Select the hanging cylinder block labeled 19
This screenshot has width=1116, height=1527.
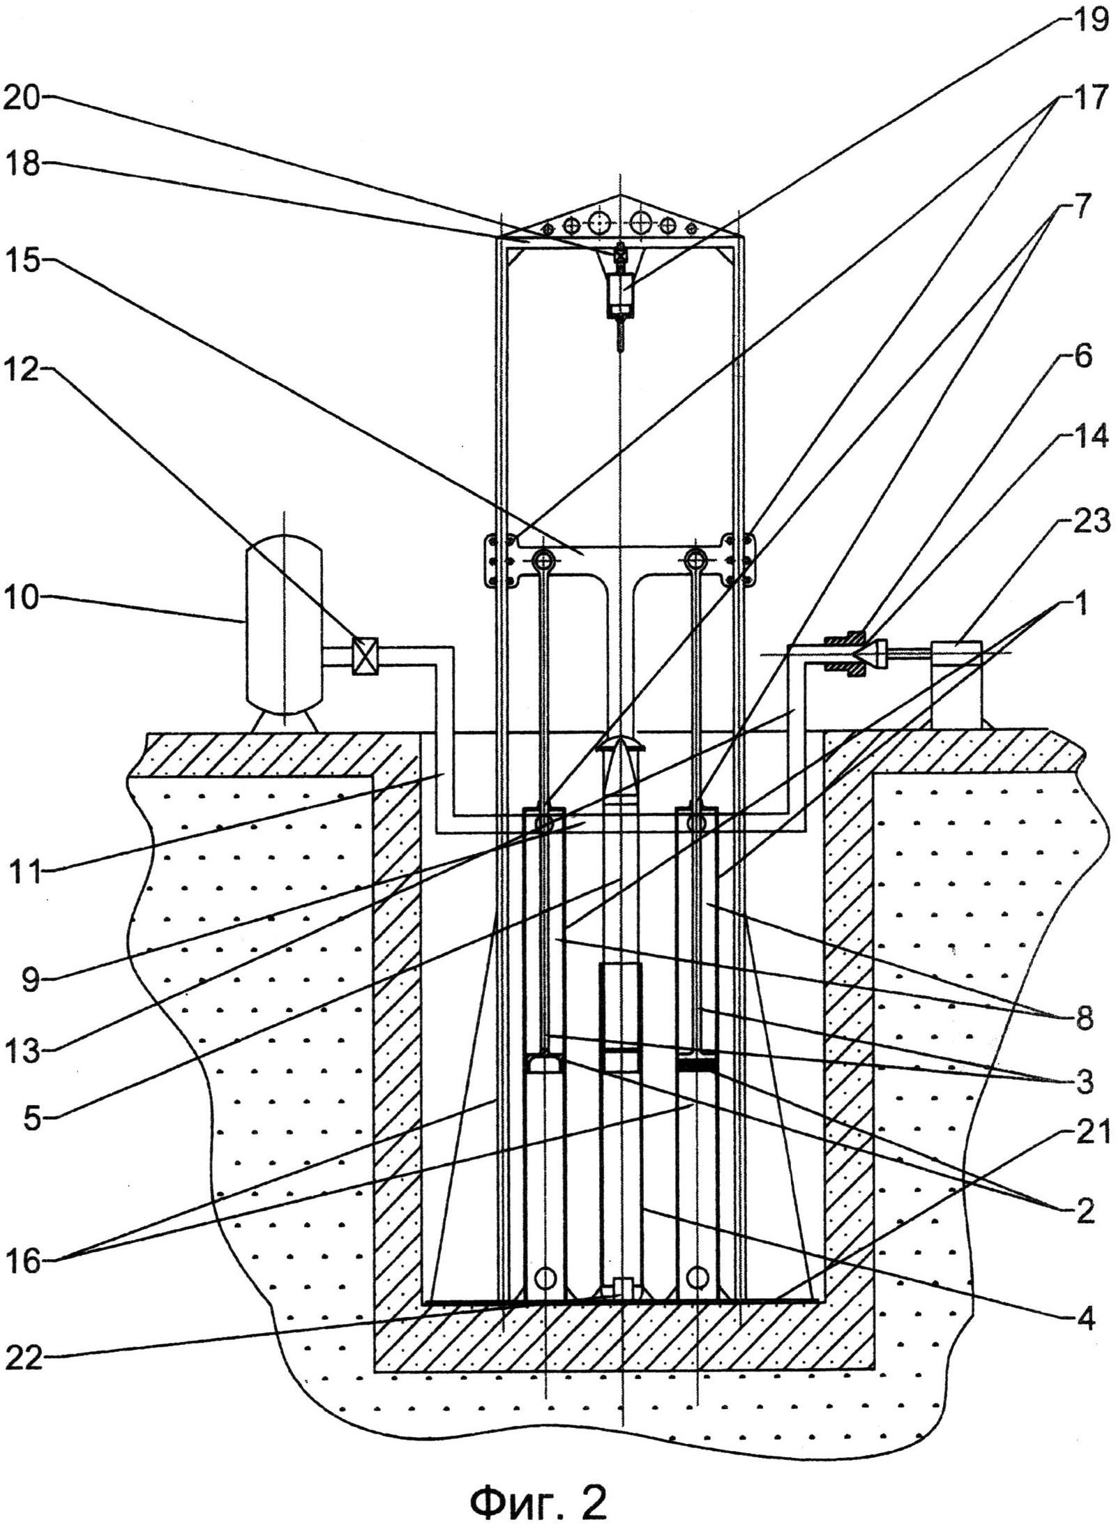(x=619, y=290)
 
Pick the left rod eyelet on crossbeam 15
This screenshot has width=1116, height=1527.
(x=545, y=559)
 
